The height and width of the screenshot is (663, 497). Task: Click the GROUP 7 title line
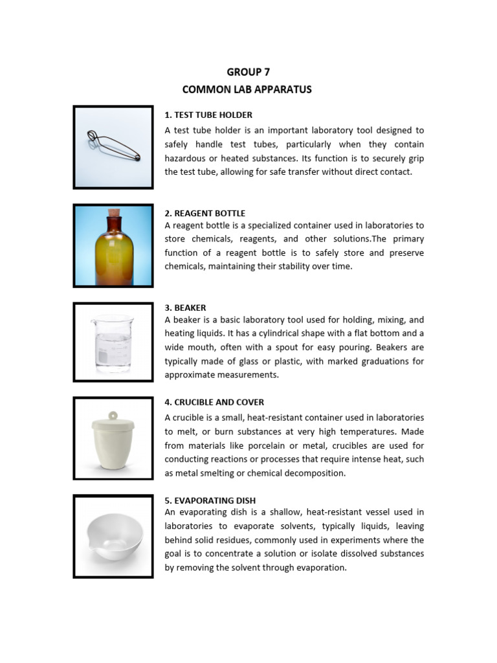coord(248,72)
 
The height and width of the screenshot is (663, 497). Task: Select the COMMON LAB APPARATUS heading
coord(247,89)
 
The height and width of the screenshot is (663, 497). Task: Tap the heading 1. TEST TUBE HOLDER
coord(208,115)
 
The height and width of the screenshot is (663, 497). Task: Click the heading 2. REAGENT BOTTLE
coord(205,213)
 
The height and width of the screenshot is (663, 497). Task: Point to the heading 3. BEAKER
coord(186,308)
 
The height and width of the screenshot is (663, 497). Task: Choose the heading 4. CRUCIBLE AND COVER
coord(214,402)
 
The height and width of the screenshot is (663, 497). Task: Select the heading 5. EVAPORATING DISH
coord(210,500)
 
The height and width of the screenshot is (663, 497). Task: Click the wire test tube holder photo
coord(113,146)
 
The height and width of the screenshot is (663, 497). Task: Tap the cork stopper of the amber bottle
coord(114,213)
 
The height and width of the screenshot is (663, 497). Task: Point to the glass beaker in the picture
coord(113,343)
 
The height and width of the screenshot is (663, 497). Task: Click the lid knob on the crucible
coord(113,415)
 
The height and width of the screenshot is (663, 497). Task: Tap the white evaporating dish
coord(113,537)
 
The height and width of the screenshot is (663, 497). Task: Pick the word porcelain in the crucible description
coord(267,445)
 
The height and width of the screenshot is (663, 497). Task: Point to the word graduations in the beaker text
coord(385,361)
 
